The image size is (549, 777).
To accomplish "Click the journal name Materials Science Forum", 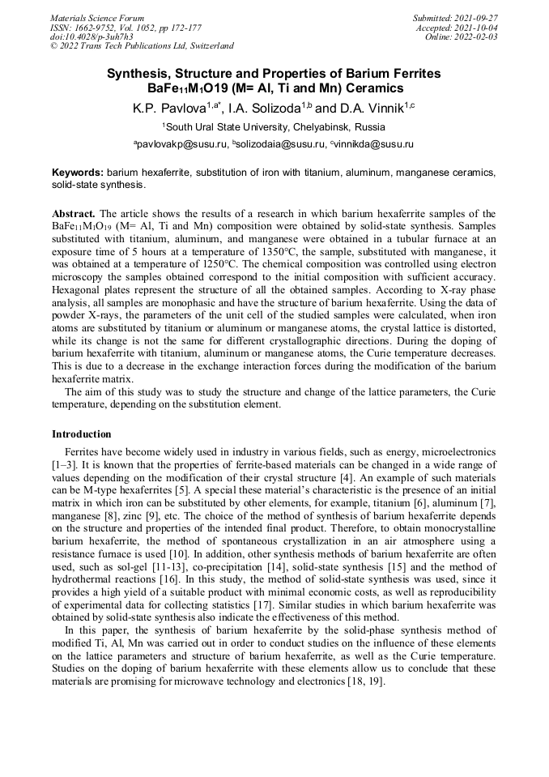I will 97,18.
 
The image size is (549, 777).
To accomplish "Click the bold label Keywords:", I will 78,173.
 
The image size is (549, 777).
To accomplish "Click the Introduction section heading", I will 81,434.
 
